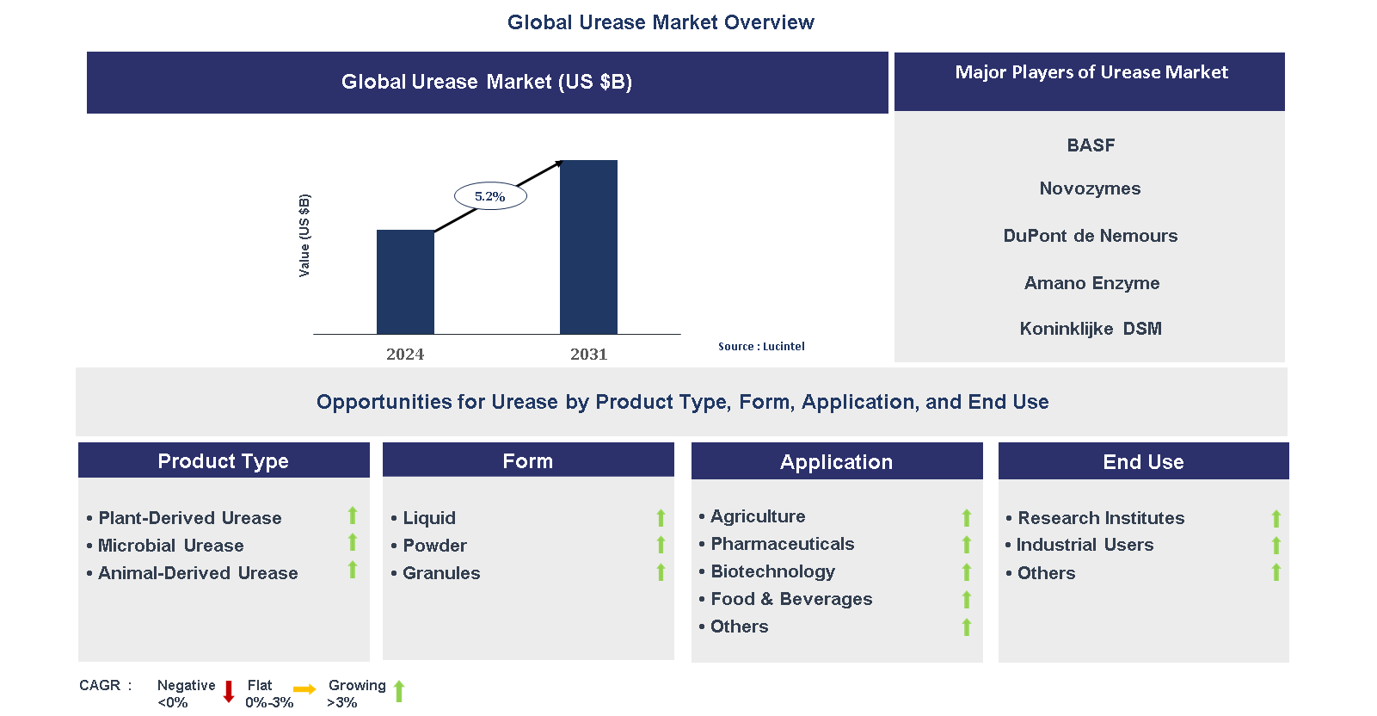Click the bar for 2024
point(405,281)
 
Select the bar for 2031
point(588,247)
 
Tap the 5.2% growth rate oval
point(490,196)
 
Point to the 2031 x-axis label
point(588,354)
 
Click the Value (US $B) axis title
point(304,235)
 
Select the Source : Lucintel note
point(761,346)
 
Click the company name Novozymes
point(1090,188)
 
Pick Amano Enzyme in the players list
point(1091,283)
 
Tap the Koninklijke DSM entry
point(1091,329)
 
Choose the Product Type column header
point(224,460)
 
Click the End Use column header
point(1143,461)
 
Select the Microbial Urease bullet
point(170,546)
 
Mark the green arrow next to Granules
point(661,572)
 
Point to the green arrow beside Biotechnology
point(967,572)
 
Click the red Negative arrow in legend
point(229,691)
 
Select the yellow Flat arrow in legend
point(304,689)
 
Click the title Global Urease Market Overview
point(661,22)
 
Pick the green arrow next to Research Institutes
point(1276,518)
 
